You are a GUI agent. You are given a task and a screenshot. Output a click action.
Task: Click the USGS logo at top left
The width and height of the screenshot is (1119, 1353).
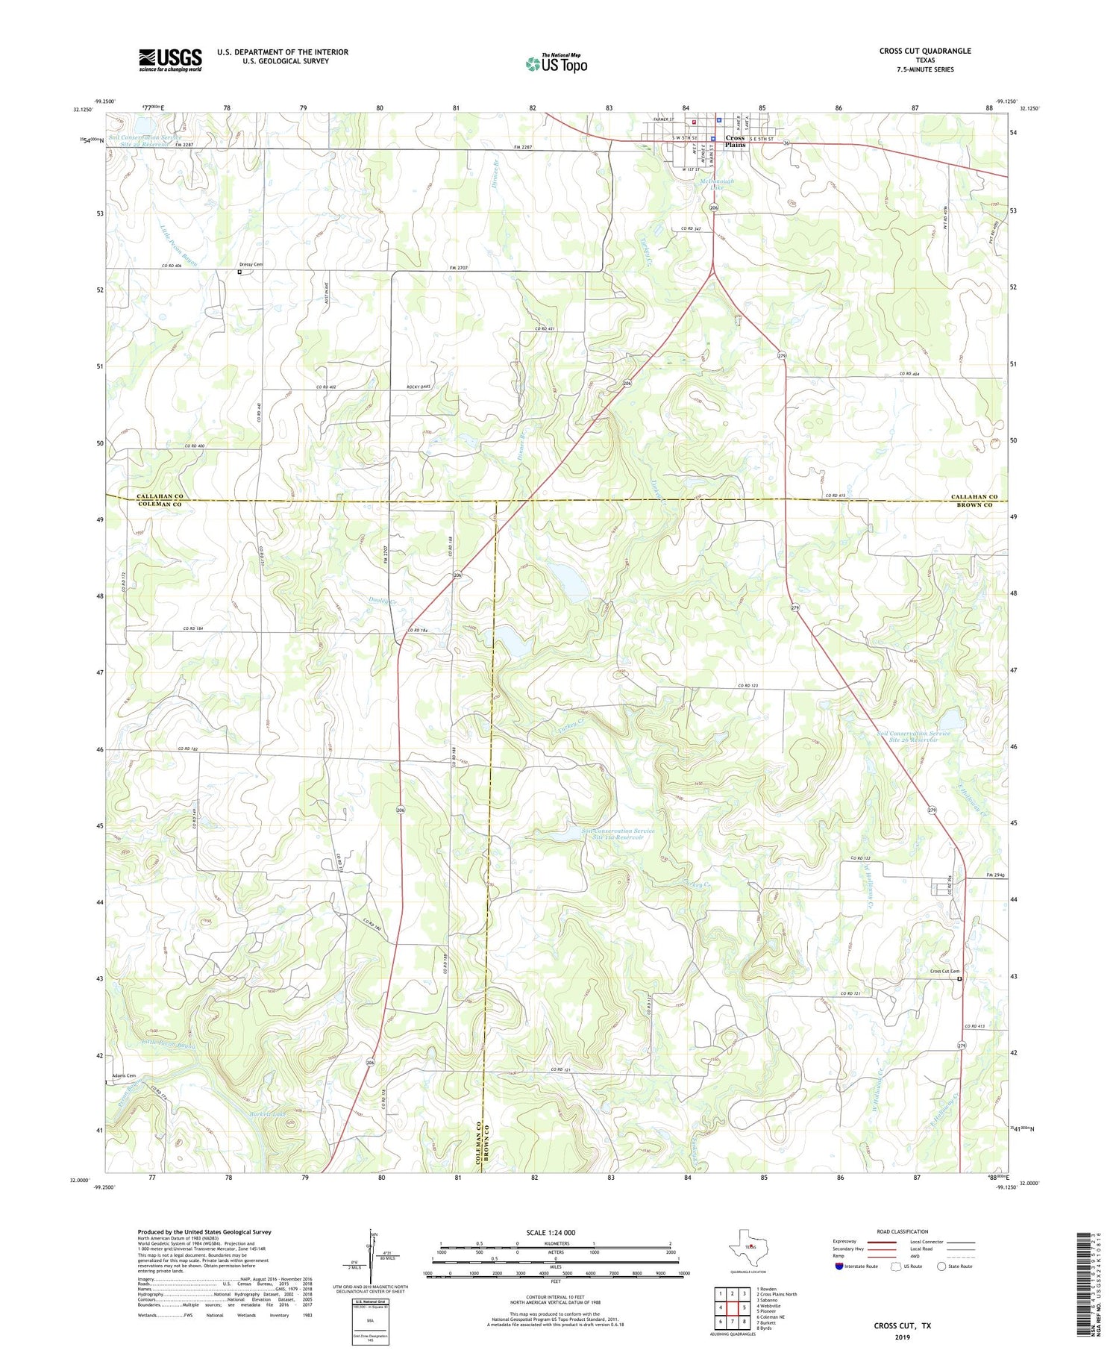click(x=170, y=60)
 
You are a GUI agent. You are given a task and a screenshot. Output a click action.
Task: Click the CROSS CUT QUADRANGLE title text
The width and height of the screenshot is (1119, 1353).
click(x=924, y=51)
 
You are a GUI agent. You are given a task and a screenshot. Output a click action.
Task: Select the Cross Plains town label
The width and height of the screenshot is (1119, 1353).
click(x=735, y=141)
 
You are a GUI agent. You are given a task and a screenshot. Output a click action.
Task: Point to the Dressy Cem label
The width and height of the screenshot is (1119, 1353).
click(x=251, y=265)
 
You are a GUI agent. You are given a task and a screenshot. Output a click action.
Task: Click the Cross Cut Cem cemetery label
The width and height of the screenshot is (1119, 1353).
click(x=944, y=971)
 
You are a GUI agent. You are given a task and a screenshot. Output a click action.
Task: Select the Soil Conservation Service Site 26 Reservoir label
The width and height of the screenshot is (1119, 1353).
click(x=907, y=737)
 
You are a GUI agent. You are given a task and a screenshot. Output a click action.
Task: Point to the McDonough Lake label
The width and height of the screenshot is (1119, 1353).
click(x=716, y=184)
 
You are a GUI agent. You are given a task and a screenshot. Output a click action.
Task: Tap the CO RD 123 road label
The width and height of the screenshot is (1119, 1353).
click(x=747, y=686)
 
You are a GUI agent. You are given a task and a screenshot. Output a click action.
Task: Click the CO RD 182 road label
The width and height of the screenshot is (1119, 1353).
click(x=188, y=749)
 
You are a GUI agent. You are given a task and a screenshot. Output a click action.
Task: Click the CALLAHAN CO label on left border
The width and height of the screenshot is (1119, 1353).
click(x=159, y=496)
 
